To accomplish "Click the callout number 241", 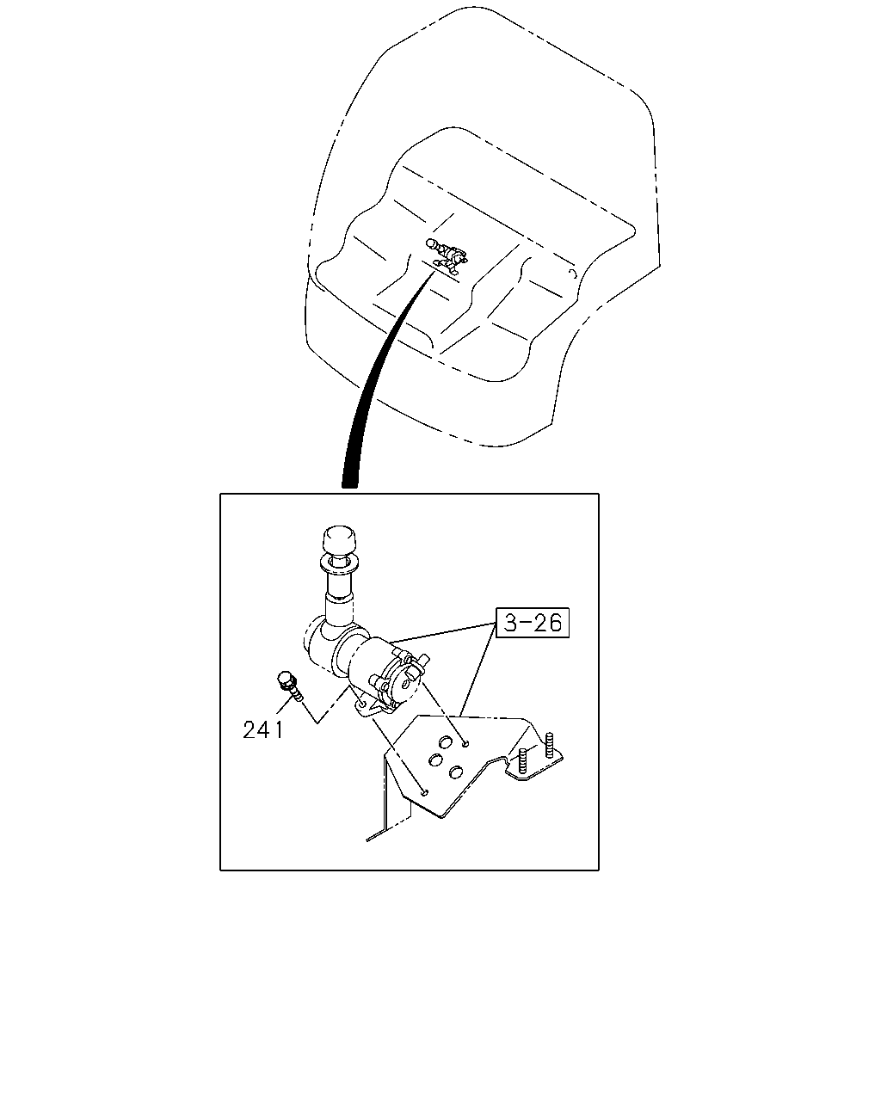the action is (x=262, y=730).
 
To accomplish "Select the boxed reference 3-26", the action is (x=533, y=623).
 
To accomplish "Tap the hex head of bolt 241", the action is (x=284, y=680).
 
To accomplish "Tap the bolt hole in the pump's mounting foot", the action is (x=363, y=704).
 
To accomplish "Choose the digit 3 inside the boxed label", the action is (x=511, y=623).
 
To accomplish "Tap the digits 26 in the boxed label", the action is (x=547, y=623).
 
